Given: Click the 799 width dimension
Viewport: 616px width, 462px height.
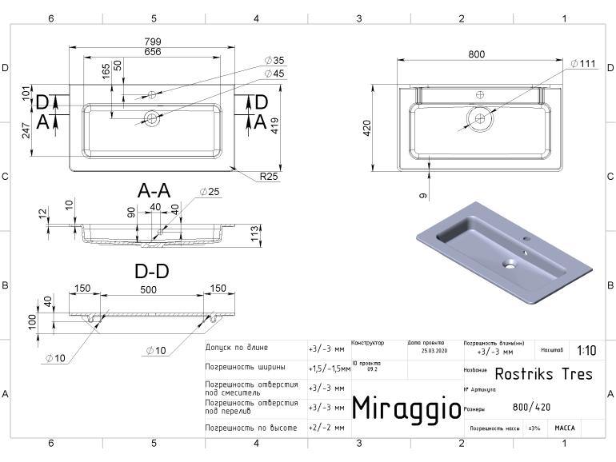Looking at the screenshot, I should click(x=153, y=42).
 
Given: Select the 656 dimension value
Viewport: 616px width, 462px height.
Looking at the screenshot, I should click(x=153, y=52).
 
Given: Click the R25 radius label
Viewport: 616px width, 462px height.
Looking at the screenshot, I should click(x=269, y=177).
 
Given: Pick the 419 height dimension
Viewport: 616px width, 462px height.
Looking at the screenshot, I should click(x=275, y=125).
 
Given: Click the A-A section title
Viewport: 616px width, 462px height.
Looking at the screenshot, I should click(x=154, y=191).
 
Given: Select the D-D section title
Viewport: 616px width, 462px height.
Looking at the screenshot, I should click(x=151, y=272).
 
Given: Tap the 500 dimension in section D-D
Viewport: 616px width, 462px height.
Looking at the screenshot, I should click(x=149, y=289).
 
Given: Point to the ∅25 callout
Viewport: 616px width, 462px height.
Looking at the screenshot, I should click(x=210, y=192).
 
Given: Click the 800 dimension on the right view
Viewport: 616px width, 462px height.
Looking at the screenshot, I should click(x=476, y=54).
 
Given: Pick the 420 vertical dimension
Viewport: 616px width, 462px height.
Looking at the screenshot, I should click(x=367, y=127).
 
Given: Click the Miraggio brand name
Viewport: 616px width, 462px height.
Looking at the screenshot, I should click(x=406, y=408).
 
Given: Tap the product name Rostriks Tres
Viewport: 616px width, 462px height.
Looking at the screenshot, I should click(x=543, y=374).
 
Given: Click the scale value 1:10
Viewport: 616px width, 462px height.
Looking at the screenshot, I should click(x=586, y=351).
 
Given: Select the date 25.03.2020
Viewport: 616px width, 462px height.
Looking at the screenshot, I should click(x=434, y=351).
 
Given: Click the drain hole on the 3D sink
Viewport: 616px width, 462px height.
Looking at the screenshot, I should click(x=509, y=262).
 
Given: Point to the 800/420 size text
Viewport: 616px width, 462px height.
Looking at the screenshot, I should click(x=531, y=407).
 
